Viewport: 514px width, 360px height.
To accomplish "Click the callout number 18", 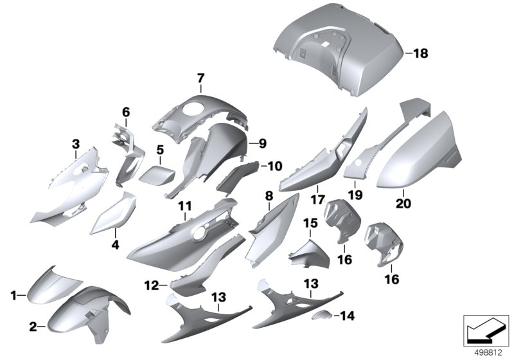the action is pos(421,53).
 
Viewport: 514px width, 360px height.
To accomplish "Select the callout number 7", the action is pos(200,78).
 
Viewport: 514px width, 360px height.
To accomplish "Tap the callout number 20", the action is pos(403,203).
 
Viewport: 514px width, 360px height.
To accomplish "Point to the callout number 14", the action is pos(348,316).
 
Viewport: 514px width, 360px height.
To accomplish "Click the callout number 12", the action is pos(152,285).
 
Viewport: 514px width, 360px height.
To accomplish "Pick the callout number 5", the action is pos(160,150).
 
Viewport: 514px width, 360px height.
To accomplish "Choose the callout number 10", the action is pos(275,166).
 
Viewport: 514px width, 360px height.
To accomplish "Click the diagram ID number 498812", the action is pos(488,353).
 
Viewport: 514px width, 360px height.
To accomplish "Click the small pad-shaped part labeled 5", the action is pos(157,175).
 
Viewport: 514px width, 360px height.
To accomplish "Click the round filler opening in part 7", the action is pos(192,109).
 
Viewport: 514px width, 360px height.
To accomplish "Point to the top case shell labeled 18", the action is pos(339,50).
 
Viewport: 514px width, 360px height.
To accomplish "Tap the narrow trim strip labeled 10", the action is pos(237,177).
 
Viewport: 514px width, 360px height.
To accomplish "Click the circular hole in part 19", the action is pos(359,162).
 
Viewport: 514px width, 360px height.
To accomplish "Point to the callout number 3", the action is pos(76,144).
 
